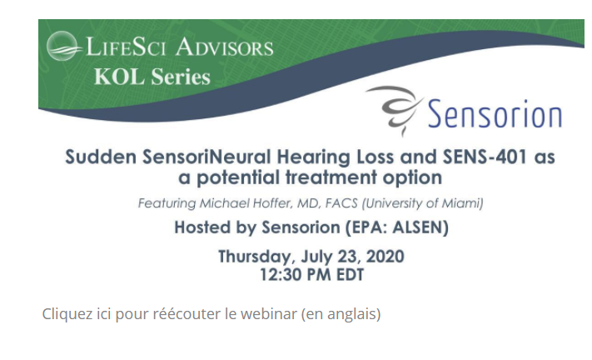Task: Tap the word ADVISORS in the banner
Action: click(224, 47)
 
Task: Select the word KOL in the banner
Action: click(119, 77)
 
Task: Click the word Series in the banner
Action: click(181, 77)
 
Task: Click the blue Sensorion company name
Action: click(495, 113)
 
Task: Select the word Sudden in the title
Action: click(101, 157)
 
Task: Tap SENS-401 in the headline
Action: click(485, 157)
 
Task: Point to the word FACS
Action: click(341, 203)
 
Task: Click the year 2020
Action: click(386, 257)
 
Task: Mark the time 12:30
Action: click(281, 275)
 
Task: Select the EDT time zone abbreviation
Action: click(350, 275)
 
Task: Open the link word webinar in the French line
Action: click(269, 314)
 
